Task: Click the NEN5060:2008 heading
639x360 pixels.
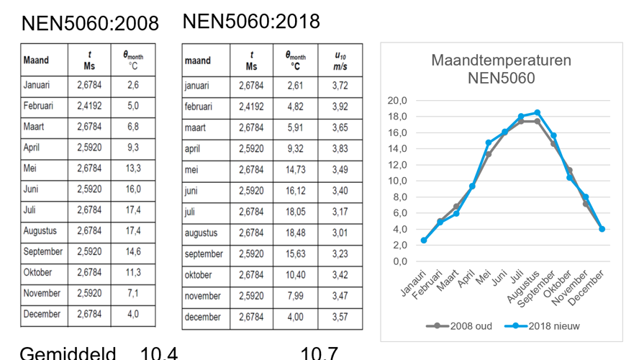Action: coord(90,23)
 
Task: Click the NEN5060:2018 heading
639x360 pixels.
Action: coord(251,21)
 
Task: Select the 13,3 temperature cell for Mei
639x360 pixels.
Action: coord(132,168)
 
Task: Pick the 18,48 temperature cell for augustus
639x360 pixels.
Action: coord(295,233)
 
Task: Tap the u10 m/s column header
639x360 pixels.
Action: coord(341,60)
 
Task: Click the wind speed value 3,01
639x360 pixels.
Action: coord(341,233)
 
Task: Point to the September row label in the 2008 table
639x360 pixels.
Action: coord(43,252)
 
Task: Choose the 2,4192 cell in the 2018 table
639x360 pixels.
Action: coord(251,107)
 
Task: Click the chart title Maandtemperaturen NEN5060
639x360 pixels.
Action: coord(501,69)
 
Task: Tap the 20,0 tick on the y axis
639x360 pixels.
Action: coord(397,100)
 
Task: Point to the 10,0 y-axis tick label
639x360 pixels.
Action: coord(397,181)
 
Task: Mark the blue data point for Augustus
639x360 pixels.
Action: coord(538,112)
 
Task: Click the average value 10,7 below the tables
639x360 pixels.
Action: coord(319,354)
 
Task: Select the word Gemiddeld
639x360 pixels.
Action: coord(68,354)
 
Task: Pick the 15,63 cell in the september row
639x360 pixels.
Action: coord(295,254)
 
